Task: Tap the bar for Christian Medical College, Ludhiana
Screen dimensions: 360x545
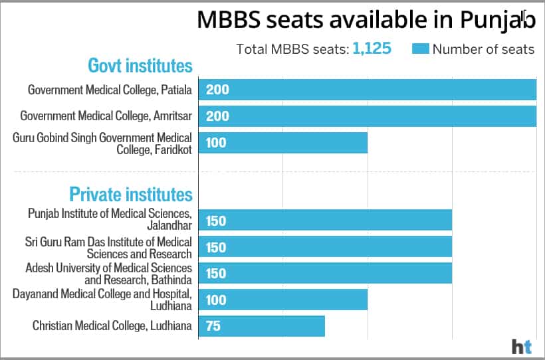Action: (261, 326)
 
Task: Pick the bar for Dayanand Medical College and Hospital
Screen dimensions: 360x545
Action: (282, 300)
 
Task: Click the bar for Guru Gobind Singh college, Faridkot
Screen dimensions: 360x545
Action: (282, 142)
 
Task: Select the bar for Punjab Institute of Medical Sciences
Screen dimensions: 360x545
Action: (325, 221)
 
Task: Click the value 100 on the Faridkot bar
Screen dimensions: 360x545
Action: (216, 142)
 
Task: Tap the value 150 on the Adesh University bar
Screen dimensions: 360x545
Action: (216, 274)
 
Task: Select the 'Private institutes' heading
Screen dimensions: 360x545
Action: (131, 195)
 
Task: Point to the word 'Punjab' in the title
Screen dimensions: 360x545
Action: (498, 20)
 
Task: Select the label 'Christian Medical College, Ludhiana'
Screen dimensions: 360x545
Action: (112, 326)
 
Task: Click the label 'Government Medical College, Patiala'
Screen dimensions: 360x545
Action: (110, 90)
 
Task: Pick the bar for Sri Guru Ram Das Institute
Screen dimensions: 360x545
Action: (325, 247)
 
